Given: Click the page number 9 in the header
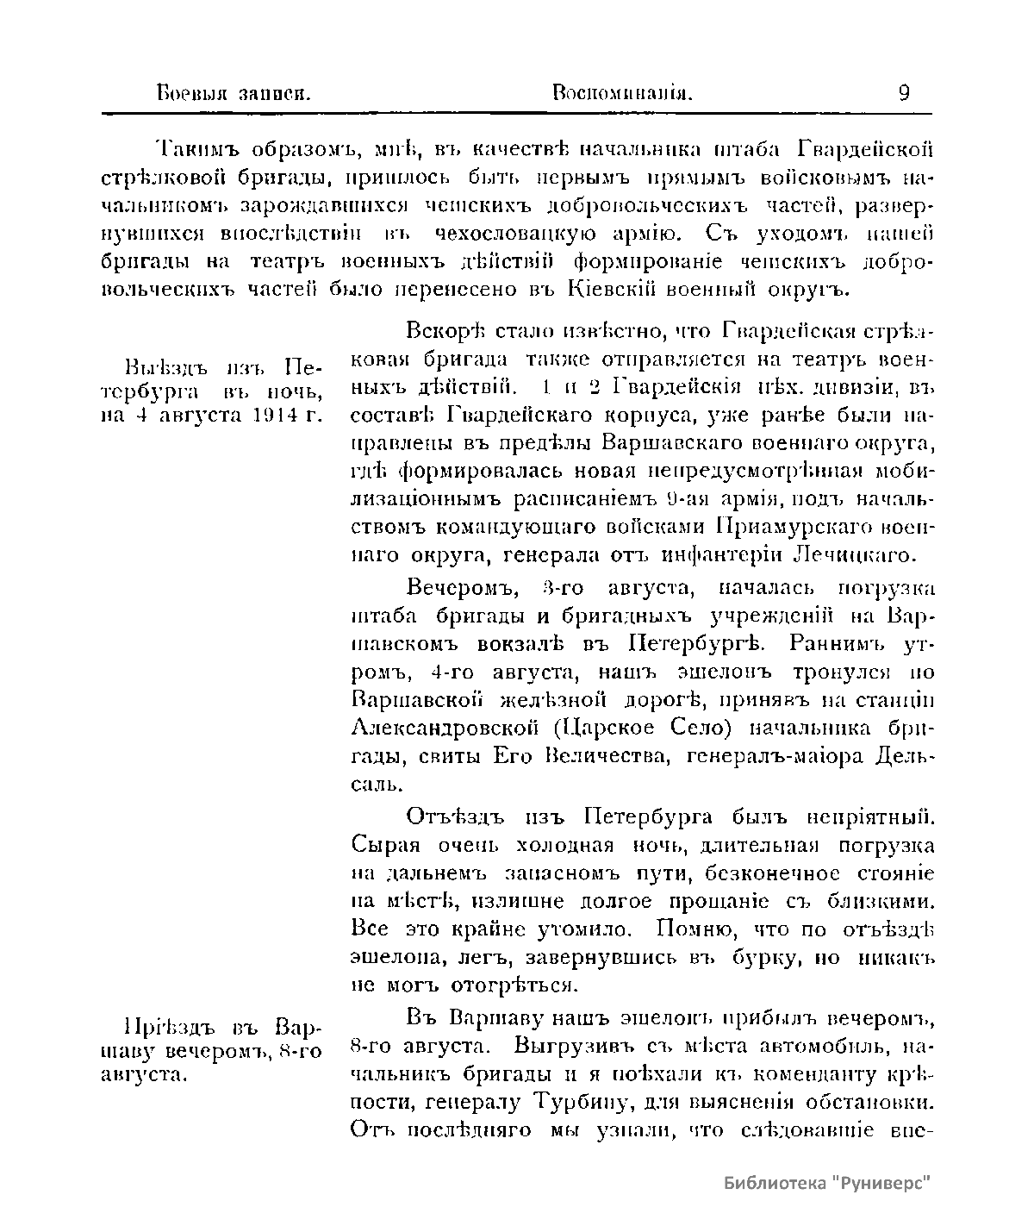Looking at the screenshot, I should click(x=903, y=92).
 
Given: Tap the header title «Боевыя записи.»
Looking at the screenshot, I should click(x=233, y=93).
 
